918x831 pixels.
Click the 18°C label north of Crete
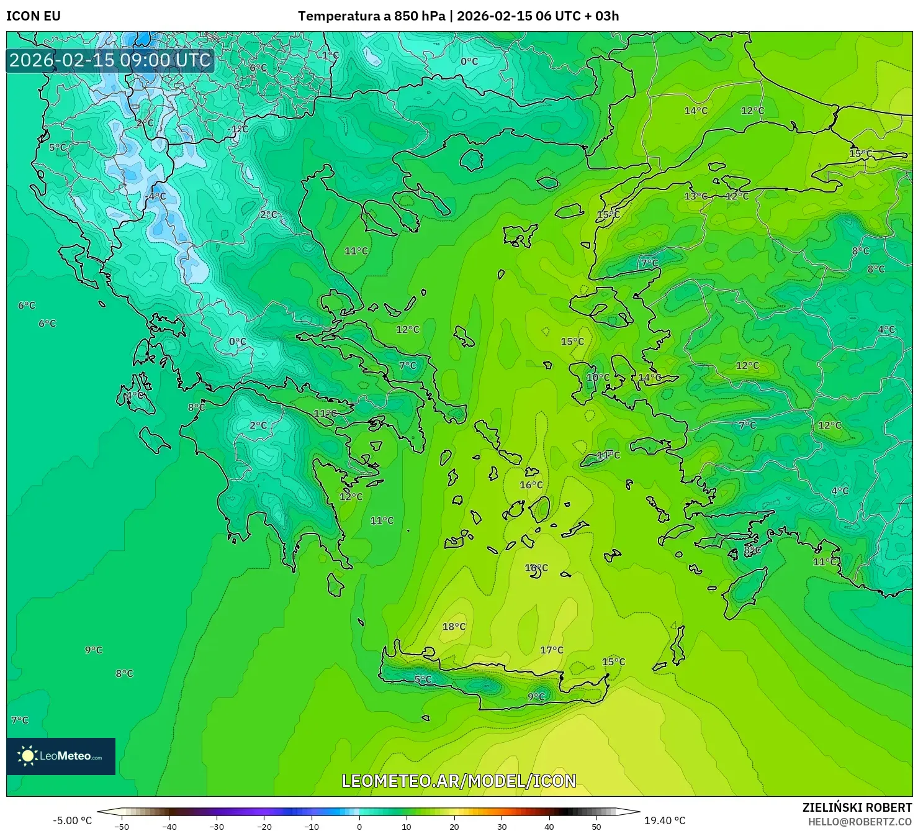(x=454, y=627)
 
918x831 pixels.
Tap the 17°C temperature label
(x=551, y=650)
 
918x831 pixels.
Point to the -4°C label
(x=155, y=196)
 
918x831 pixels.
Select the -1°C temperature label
(x=237, y=129)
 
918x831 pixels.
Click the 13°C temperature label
(x=695, y=196)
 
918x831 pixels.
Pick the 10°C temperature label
(x=598, y=378)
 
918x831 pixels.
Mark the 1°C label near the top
(x=330, y=55)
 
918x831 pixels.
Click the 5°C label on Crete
(x=423, y=679)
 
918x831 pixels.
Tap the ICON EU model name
(x=34, y=16)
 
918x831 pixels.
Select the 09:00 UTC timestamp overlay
(x=110, y=60)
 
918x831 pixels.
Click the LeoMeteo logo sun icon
(x=27, y=756)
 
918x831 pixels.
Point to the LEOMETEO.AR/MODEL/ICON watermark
(x=459, y=781)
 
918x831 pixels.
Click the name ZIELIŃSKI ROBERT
(x=857, y=807)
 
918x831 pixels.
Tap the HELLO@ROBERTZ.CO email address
(x=860, y=822)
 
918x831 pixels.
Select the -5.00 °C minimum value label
(x=72, y=820)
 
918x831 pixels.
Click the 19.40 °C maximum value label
(x=665, y=820)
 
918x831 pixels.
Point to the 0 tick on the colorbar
(x=359, y=827)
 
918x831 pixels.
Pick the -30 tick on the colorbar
(x=216, y=827)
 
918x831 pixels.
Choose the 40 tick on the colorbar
(x=549, y=827)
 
